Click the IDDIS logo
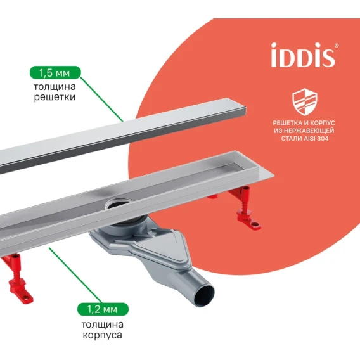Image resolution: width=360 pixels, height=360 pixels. [303, 55]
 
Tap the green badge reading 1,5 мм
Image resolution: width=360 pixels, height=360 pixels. [55, 72]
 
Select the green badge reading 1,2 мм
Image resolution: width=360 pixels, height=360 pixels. [103, 309]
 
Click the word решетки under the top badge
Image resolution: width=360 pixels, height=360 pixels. [55, 97]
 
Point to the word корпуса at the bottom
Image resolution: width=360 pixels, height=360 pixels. [102, 335]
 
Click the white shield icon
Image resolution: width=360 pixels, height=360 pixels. [304, 101]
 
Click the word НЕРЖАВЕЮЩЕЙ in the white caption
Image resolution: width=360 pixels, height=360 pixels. [309, 131]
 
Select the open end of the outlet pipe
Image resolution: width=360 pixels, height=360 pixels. [204, 295]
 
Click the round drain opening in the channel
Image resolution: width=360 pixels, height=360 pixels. [118, 203]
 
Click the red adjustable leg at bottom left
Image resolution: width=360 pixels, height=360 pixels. [16, 276]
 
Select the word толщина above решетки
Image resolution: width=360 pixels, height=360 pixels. [55, 87]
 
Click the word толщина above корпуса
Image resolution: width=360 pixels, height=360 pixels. [103, 325]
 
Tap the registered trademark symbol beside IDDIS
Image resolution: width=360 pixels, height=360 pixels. [337, 46]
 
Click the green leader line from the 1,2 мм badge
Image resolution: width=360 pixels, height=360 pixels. [75, 275]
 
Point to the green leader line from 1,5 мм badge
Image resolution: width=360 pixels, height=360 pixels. [102, 100]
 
